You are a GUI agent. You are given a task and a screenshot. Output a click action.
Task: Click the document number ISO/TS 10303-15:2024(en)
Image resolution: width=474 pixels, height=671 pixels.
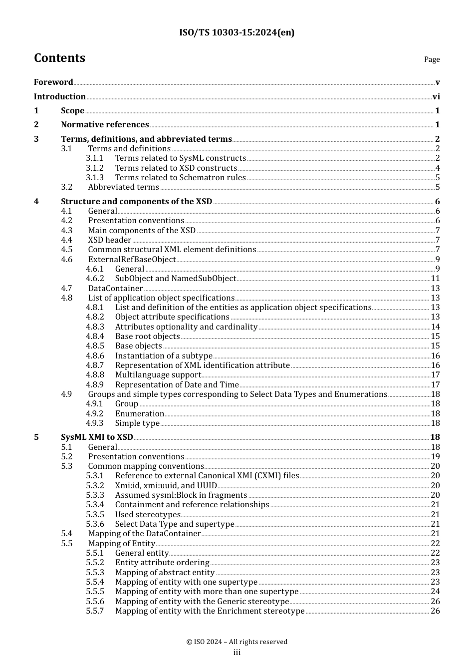(x=237, y=32)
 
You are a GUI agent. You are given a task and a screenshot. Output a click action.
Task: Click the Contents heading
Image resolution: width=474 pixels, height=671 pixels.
(x=59, y=58)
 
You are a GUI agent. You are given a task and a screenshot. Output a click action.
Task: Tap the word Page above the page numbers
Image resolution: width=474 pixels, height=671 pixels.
(x=432, y=59)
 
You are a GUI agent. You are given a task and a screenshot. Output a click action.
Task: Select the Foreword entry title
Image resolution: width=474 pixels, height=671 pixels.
(x=53, y=82)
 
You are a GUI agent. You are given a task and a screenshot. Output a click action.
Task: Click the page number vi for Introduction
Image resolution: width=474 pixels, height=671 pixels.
(x=436, y=97)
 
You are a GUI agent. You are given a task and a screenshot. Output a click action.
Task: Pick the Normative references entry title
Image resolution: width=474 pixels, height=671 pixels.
(x=105, y=125)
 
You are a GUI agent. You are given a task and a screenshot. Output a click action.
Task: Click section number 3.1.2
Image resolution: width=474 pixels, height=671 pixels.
(x=95, y=168)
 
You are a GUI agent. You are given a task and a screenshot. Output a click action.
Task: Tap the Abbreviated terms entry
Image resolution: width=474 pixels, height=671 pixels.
(x=123, y=187)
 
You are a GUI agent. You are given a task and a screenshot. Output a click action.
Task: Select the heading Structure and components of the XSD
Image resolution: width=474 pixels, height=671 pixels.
(x=136, y=202)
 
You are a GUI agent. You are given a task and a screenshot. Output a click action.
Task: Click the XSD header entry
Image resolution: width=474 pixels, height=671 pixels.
(x=109, y=240)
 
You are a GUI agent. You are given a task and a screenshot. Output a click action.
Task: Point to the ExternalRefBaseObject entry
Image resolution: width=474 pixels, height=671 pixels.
(x=132, y=260)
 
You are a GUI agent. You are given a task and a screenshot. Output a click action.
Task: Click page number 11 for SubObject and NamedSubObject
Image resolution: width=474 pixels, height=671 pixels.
(x=436, y=279)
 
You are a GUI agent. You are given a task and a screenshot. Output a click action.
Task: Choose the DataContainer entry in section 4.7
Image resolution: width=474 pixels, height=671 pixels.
(x=115, y=289)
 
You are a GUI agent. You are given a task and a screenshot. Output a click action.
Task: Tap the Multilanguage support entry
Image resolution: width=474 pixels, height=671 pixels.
(x=158, y=375)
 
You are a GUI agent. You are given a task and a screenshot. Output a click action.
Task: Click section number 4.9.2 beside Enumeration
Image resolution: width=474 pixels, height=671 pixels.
(x=95, y=414)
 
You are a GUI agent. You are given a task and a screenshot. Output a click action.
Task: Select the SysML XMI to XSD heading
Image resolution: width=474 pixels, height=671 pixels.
(x=97, y=437)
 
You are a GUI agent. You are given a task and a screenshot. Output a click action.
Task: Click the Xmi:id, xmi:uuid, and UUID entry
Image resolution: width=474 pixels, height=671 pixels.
(x=166, y=486)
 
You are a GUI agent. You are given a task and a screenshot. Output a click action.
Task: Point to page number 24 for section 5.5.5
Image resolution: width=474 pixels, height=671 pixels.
(x=436, y=592)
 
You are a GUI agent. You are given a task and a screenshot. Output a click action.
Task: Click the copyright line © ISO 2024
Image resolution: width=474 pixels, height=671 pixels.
(x=237, y=642)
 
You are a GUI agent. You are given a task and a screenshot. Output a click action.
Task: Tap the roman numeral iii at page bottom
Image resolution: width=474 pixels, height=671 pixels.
(x=237, y=653)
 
